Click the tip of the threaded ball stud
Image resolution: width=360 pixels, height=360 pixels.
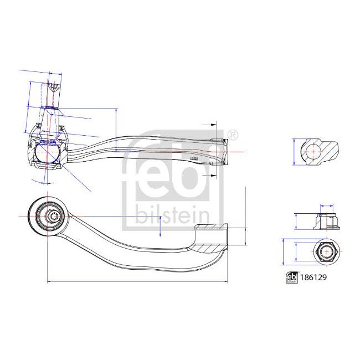click(x=53, y=87)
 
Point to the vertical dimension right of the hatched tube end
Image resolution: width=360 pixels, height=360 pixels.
click(x=245, y=217)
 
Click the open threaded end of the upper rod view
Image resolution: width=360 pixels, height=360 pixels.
click(x=225, y=151)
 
